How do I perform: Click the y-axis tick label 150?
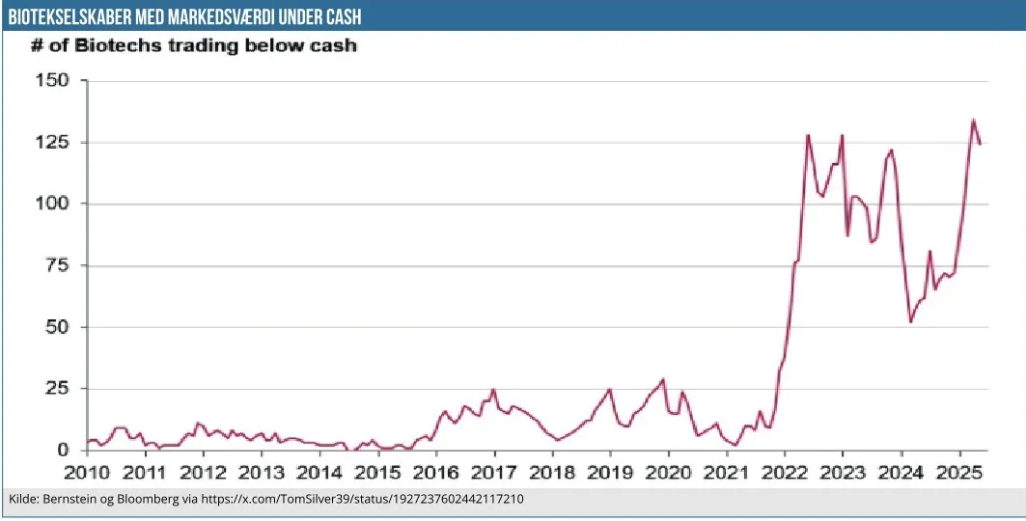[52, 80]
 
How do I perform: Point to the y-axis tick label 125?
[52, 142]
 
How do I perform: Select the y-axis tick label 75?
[57, 265]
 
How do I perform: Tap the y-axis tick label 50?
[57, 327]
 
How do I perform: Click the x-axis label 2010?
[87, 473]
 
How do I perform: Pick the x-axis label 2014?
[319, 473]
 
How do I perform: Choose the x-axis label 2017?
[494, 473]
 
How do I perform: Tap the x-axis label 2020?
[669, 473]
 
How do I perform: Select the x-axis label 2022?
[785, 473]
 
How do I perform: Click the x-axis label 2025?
[959, 473]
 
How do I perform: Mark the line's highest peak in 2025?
[973, 121]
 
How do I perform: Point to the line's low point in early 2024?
[910, 321]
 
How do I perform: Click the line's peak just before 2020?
[663, 379]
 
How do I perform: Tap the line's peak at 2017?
[493, 390]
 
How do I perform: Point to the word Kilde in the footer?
[23, 500]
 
